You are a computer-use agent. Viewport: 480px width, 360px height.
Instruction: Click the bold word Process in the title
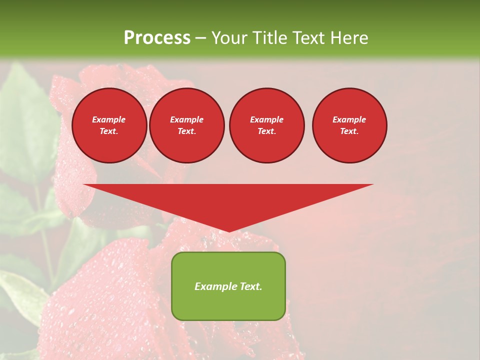[157, 38]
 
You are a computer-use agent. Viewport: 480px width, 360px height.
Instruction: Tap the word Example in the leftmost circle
[109, 119]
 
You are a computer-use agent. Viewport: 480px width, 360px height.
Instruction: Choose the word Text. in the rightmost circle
[349, 131]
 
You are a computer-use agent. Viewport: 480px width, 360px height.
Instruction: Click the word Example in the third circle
[266, 119]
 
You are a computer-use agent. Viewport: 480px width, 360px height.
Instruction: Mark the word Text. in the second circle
[186, 131]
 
